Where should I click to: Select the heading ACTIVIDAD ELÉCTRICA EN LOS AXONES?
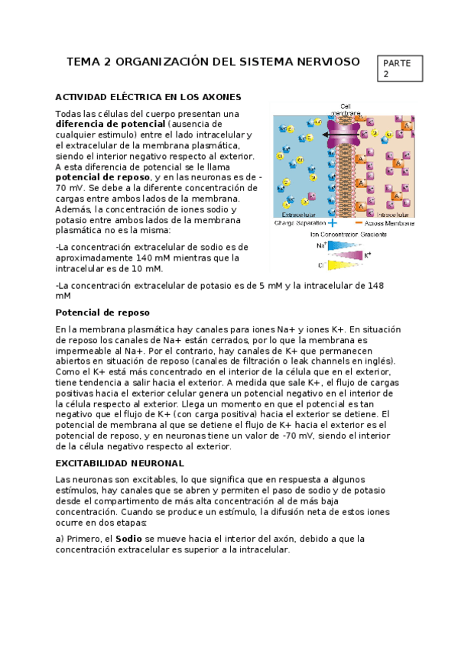(148, 97)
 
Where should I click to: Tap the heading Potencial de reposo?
(102, 313)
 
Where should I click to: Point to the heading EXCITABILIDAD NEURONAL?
(119, 463)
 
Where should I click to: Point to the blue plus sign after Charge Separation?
(332, 223)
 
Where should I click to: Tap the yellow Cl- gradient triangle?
(343, 265)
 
